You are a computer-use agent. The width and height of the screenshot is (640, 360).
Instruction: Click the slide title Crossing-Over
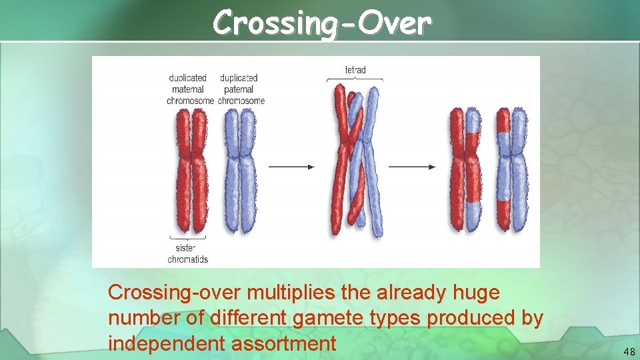[x=323, y=23]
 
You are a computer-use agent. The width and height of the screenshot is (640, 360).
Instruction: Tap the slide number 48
[x=629, y=351]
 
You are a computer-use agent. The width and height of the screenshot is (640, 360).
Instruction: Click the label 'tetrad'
[x=355, y=69]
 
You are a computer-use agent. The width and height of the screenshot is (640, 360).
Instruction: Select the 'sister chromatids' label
[x=188, y=254]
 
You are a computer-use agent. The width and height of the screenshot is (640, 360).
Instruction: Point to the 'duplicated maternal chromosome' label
[x=189, y=89]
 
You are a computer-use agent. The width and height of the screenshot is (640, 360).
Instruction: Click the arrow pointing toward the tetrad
[x=291, y=166]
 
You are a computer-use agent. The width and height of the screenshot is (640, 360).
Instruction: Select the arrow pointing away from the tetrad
[x=411, y=166]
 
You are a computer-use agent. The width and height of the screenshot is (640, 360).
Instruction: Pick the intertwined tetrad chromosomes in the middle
[x=355, y=160]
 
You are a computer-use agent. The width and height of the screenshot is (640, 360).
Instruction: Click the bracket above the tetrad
[x=355, y=79]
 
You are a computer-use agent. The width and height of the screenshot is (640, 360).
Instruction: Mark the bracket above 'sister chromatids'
[x=188, y=237]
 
